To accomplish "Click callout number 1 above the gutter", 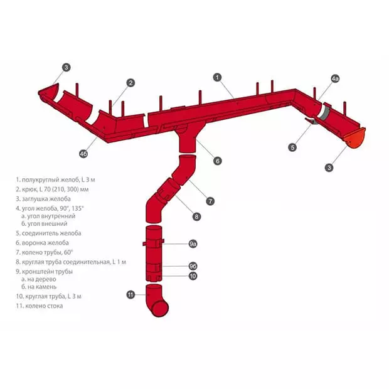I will coord(216,78).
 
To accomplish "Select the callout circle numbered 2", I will coord(131,83).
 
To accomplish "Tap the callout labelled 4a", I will coord(335,78).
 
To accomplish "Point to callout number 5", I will coord(292,147).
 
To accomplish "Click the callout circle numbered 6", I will coord(217,161).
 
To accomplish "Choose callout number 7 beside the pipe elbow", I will coord(210,201).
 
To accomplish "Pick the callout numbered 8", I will coord(196,216).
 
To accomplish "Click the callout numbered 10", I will coord(193,275).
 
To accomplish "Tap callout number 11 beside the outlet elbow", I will coord(131,294).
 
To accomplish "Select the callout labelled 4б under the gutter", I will coord(83,153).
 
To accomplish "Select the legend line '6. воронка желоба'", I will coord(43,242).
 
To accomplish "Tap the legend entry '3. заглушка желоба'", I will coord(44,198).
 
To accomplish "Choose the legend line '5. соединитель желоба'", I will coord(48,233).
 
